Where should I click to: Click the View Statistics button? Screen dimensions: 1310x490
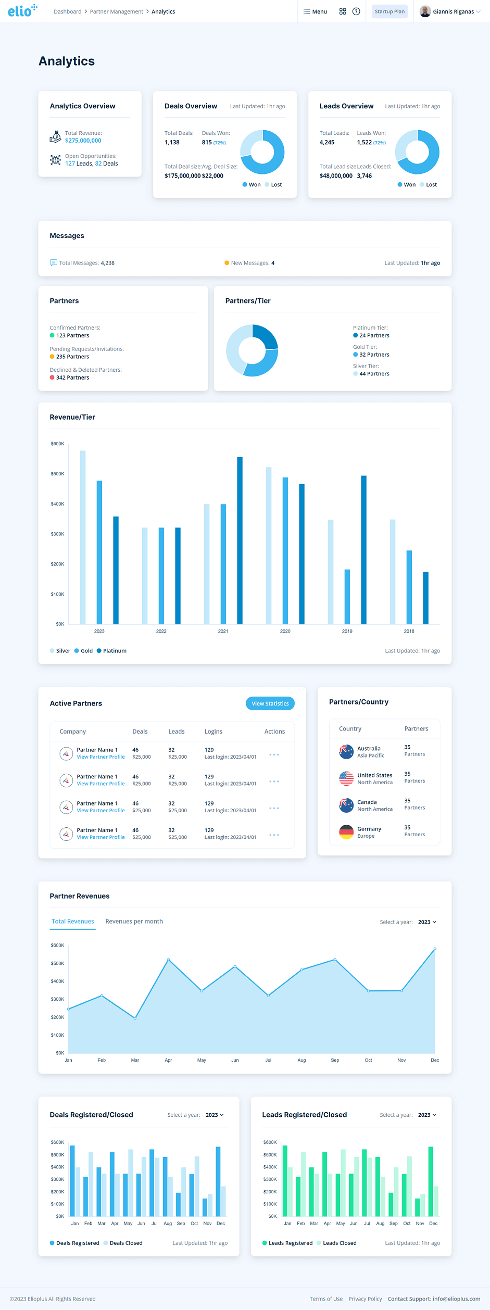(270, 703)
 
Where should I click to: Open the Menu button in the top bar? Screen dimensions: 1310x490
(316, 11)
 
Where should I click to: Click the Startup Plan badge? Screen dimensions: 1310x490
(390, 11)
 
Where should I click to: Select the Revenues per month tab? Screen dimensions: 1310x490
(134, 921)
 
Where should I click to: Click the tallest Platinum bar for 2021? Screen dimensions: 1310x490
(240, 540)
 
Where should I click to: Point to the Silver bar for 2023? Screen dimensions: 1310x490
(83, 537)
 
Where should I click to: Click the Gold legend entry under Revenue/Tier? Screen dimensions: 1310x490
(83, 651)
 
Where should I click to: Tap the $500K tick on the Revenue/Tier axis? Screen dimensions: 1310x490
(57, 474)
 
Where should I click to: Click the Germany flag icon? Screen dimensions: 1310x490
(346, 832)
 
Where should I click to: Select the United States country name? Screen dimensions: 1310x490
(374, 775)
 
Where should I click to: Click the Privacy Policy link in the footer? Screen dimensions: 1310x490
(365, 1299)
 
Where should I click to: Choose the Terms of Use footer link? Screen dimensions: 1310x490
(326, 1299)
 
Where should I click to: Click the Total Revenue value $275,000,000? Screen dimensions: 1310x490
(83, 141)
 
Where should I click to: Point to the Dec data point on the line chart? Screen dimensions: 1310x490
(435, 949)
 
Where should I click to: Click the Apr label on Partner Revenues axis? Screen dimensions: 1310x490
(168, 1060)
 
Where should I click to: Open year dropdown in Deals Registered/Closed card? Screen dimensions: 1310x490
(215, 1115)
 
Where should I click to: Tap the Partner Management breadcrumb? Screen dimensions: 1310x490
(116, 11)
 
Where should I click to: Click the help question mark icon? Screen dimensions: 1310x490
(356, 11)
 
